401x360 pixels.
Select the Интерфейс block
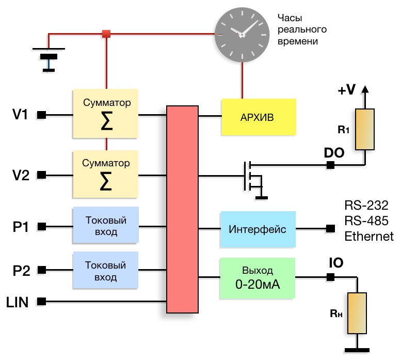tap(258, 229)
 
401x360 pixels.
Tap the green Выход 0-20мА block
tap(258, 277)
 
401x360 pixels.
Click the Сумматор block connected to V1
tap(106, 114)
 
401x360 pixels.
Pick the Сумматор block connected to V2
tap(106, 175)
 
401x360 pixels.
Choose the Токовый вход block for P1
tap(106, 225)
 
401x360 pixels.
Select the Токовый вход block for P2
tap(106, 271)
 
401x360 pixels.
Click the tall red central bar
tap(183, 209)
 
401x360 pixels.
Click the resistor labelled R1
tap(365, 130)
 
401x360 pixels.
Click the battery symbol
tap(49, 56)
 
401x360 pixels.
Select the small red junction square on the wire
tap(106, 34)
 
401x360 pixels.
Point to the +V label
tap(347, 90)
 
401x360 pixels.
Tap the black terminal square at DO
tap(330, 165)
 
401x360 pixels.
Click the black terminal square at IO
tap(330, 277)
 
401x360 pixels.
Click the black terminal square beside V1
tap(42, 115)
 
